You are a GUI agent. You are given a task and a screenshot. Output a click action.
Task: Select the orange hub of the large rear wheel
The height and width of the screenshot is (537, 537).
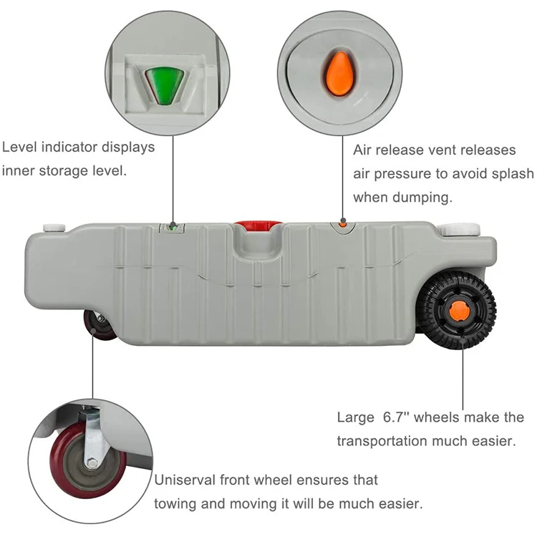point(459,311)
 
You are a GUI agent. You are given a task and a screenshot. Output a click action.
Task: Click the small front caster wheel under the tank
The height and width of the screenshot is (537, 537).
point(100,325)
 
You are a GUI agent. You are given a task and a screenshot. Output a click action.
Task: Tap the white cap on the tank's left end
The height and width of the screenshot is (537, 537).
point(54,228)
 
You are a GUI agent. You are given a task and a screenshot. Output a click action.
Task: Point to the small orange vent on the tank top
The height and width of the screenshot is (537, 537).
point(343,224)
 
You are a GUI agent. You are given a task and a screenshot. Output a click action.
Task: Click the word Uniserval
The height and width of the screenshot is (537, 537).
point(188,480)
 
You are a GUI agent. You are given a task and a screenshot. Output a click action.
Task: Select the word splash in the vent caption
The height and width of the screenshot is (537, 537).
point(513,174)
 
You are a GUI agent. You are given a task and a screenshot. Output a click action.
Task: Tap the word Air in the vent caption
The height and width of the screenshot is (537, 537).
point(364,150)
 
